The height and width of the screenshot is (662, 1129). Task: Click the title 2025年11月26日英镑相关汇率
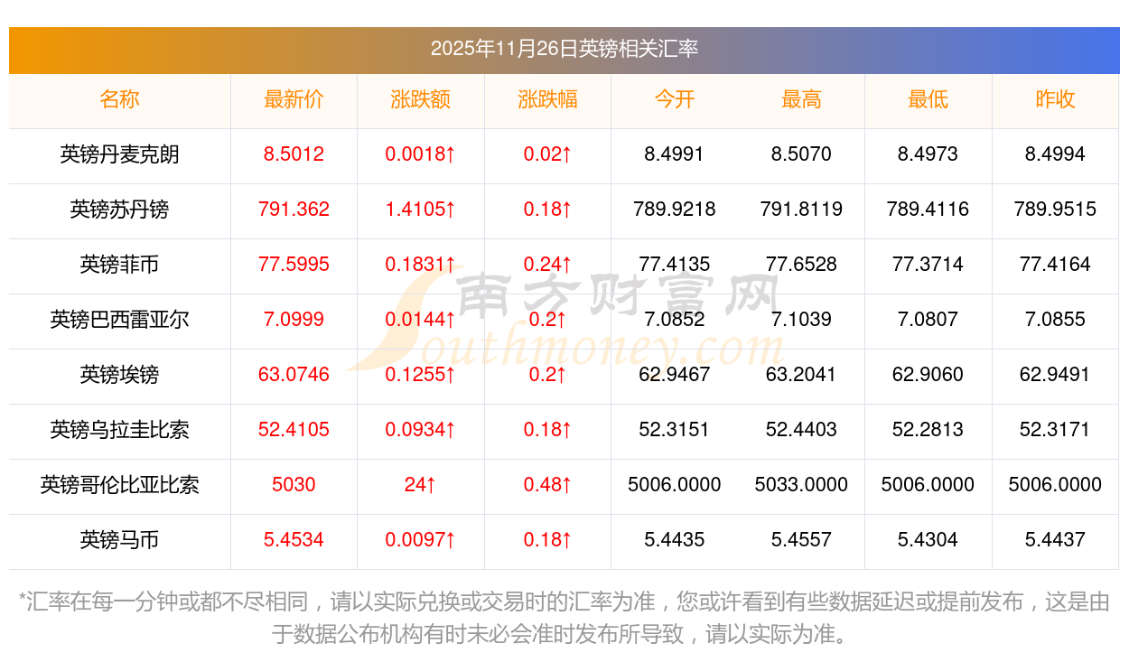(564, 49)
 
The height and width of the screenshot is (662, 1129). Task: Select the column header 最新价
(294, 99)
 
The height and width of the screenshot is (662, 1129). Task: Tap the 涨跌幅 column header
(547, 99)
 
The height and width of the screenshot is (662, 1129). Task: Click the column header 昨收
(1055, 99)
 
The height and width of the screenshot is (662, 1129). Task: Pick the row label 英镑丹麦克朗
(119, 154)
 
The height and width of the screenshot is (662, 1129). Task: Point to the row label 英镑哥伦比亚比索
(119, 485)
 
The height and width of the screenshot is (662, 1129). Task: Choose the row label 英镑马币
(119, 540)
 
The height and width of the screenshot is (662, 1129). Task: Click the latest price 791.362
(294, 210)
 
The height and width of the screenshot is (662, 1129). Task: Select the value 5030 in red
(294, 485)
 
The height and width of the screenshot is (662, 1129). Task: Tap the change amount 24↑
(420, 485)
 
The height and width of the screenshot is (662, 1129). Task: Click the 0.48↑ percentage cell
(547, 485)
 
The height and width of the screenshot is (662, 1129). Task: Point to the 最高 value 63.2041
(801, 375)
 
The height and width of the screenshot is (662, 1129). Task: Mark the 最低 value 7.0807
(928, 320)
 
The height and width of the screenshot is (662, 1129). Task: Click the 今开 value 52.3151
(674, 430)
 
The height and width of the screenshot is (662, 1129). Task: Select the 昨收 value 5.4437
(1055, 540)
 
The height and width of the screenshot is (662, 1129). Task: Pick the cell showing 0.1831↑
(420, 265)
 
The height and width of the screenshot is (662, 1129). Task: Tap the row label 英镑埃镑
(119, 375)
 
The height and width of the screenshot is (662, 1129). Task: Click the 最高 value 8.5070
(801, 154)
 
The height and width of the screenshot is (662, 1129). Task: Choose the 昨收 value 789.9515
(1055, 210)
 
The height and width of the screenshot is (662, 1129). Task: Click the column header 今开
(674, 99)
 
